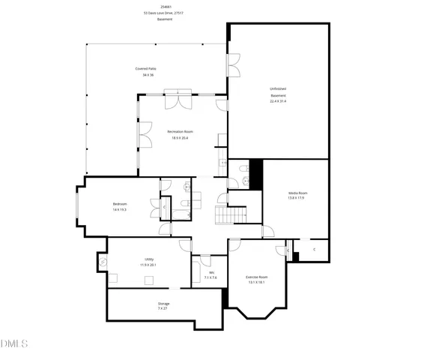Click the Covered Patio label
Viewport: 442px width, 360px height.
tap(145, 68)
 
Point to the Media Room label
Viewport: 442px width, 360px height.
tap(298, 193)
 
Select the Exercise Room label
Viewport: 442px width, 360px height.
tap(257, 277)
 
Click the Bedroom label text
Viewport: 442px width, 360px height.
tap(120, 204)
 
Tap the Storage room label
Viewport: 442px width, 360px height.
tap(163, 303)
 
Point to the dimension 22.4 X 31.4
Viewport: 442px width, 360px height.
tap(278, 100)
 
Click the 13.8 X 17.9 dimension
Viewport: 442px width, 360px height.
tap(298, 198)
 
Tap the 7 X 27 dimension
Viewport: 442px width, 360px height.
tap(163, 308)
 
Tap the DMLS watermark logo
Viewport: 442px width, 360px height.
tap(14, 344)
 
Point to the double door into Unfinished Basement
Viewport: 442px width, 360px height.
tap(233, 64)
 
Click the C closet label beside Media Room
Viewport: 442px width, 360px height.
tap(315, 248)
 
